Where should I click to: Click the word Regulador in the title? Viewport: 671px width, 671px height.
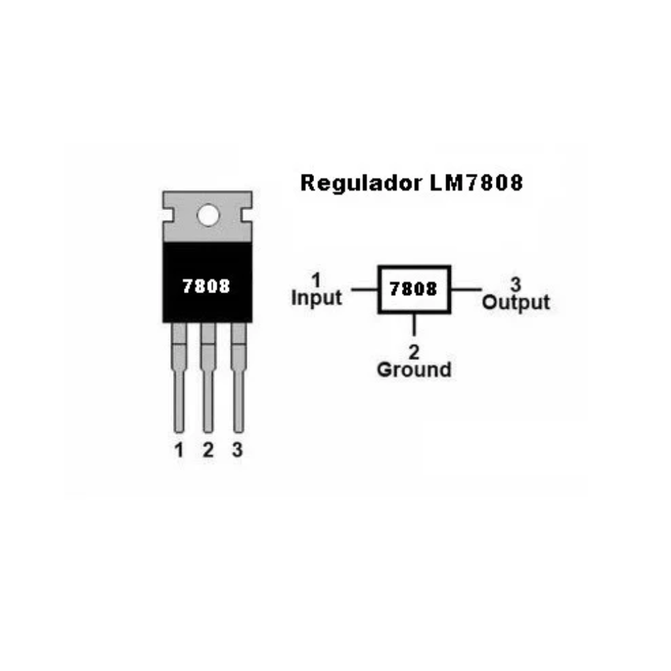click(x=361, y=184)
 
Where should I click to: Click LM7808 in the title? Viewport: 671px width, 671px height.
click(x=476, y=183)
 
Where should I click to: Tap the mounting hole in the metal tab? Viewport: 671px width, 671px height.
click(x=208, y=215)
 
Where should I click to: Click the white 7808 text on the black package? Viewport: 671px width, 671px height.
click(x=206, y=286)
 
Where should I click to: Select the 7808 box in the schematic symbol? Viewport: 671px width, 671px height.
click(x=414, y=289)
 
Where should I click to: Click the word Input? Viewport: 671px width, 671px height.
click(x=316, y=297)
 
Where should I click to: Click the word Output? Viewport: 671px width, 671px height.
click(x=515, y=302)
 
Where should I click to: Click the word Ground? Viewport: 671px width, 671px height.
click(x=414, y=369)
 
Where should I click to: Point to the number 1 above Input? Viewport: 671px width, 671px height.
click(x=316, y=280)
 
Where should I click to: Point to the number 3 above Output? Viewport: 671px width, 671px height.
click(x=515, y=285)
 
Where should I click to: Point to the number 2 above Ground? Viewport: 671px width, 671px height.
click(x=414, y=352)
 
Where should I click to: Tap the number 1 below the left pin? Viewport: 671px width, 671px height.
click(x=179, y=450)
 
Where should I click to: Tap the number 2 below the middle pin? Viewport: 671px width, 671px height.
click(x=208, y=450)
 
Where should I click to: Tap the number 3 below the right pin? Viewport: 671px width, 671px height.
click(x=238, y=450)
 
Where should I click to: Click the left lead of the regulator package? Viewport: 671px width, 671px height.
click(x=179, y=377)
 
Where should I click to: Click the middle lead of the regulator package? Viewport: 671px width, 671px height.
click(x=208, y=377)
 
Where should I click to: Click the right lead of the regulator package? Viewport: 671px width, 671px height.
click(x=238, y=377)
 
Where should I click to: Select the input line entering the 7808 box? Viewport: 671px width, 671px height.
click(x=364, y=290)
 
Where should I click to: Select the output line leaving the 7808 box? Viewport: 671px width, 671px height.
click(x=466, y=290)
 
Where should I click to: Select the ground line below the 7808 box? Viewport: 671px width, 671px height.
click(x=414, y=324)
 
